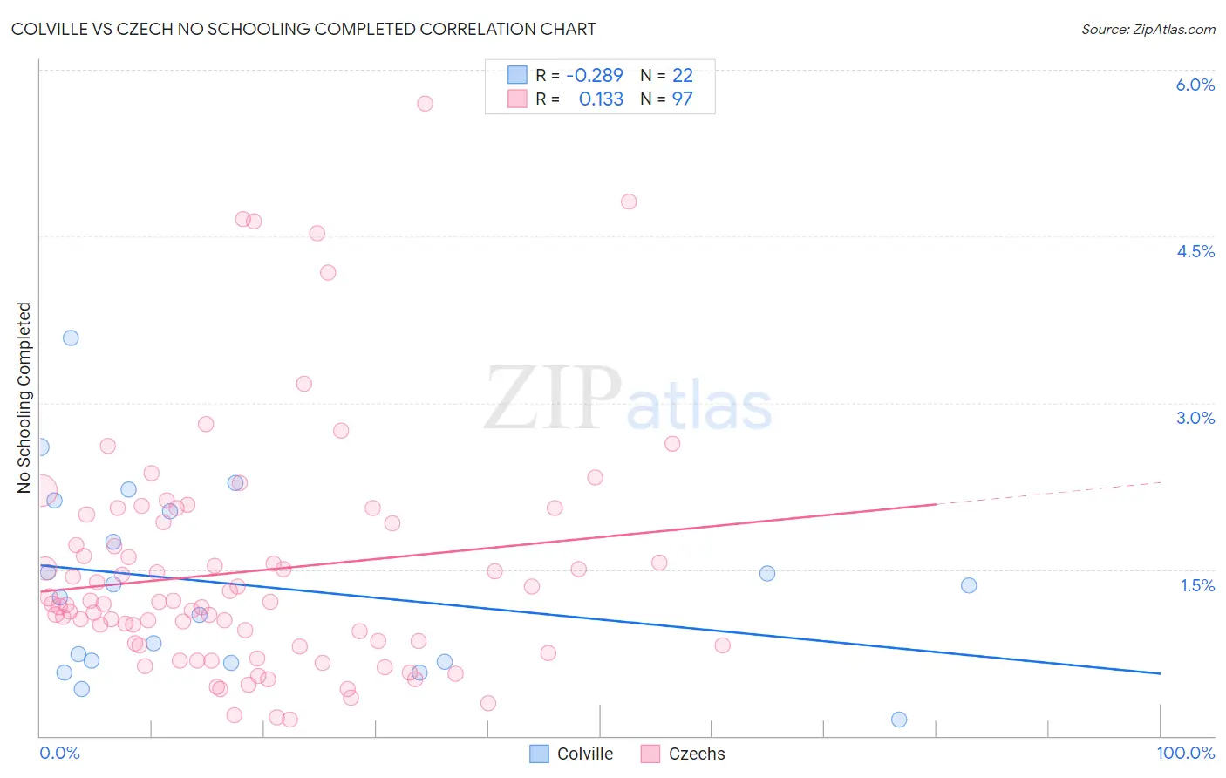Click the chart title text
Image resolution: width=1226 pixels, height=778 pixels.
click(303, 29)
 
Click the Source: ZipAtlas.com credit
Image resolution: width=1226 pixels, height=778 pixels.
click(1148, 29)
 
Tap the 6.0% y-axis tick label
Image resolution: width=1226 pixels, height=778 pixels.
click(1195, 85)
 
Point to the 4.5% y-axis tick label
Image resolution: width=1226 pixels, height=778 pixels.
click(1195, 251)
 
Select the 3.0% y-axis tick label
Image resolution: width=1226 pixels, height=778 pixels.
click(1195, 418)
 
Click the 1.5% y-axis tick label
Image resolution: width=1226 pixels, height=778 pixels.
click(1197, 585)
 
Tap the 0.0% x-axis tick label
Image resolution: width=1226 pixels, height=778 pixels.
click(59, 753)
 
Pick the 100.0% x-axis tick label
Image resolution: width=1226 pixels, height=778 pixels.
click(1185, 753)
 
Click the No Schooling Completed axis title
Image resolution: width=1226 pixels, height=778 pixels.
click(24, 398)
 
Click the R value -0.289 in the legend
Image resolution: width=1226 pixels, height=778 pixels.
click(595, 76)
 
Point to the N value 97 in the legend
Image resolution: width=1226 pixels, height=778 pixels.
click(682, 99)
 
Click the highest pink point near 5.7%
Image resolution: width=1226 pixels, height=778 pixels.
click(425, 103)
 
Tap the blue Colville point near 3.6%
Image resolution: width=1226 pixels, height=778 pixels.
click(71, 338)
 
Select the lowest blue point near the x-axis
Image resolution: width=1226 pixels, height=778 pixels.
click(899, 720)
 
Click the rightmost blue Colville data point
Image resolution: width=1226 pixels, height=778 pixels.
click(969, 585)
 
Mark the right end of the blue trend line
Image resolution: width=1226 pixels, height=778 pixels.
click(1160, 673)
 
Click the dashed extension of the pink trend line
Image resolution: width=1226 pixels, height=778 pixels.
click(1046, 493)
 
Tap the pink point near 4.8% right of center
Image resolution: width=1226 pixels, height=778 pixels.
click(629, 201)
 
